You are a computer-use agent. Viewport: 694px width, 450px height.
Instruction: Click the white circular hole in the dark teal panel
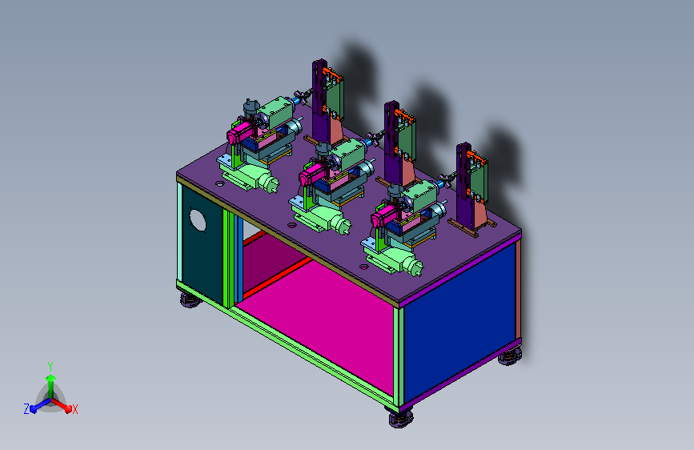(x=198, y=220)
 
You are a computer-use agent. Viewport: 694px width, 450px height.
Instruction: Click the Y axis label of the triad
(x=50, y=367)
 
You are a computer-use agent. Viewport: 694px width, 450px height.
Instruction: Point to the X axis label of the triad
(x=74, y=409)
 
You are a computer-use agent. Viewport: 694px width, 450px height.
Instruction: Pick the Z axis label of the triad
(x=26, y=409)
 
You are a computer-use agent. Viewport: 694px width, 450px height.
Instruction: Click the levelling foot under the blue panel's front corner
(x=401, y=418)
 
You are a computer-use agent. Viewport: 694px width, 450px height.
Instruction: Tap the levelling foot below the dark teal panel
(x=191, y=300)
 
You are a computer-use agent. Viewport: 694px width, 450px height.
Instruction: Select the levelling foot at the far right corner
(x=510, y=356)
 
